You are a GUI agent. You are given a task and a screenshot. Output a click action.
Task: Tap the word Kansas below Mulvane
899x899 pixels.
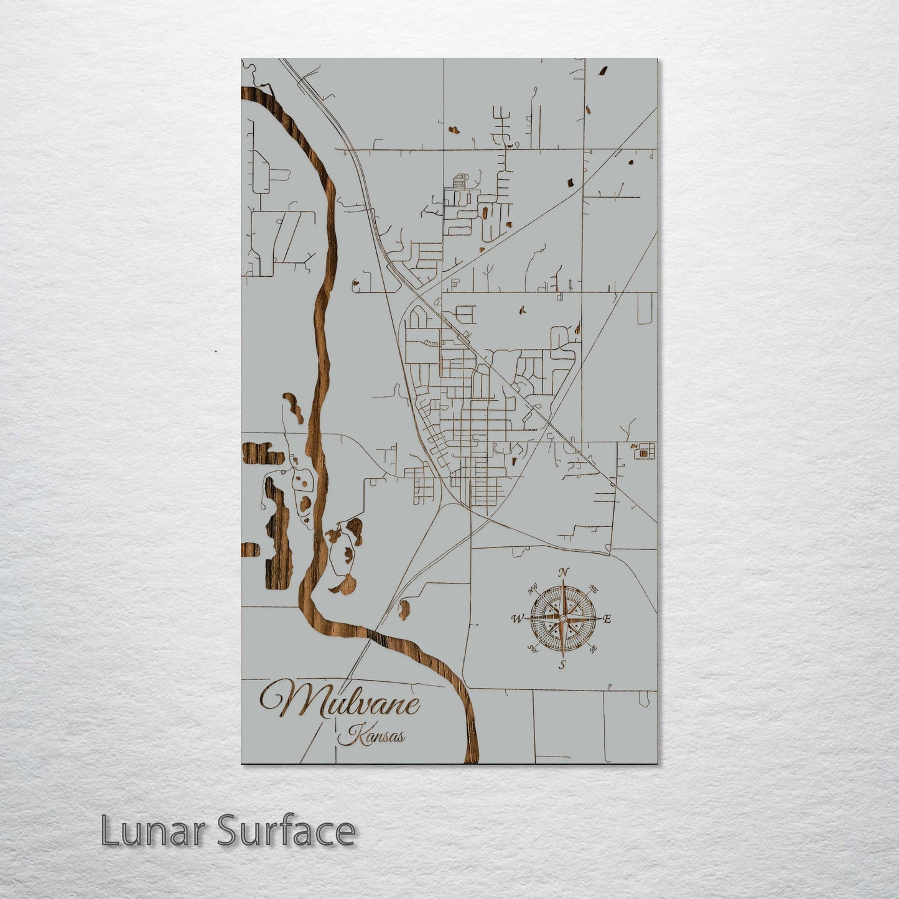[x=372, y=737]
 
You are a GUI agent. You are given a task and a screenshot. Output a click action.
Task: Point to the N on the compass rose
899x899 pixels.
[x=564, y=572]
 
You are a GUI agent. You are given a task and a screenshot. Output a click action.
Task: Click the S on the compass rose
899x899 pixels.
[x=561, y=665]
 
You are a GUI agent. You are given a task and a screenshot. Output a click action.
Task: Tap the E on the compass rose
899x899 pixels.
[x=608, y=618]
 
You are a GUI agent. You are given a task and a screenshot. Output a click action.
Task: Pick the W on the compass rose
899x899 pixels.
[x=517, y=618]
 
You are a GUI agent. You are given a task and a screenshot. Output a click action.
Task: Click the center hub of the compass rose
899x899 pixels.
[x=562, y=618]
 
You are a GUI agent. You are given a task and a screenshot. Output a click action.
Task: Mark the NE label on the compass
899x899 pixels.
[x=594, y=589]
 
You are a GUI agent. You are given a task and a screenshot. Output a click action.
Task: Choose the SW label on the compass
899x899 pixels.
[x=533, y=649]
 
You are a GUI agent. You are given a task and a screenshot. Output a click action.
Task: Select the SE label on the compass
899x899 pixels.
[x=593, y=648]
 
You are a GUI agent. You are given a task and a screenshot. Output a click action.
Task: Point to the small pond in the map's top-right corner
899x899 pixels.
[x=602, y=71]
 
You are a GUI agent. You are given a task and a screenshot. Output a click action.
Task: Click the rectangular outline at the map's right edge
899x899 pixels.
[x=645, y=308]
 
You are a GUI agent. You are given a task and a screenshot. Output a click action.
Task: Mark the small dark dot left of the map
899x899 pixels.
[x=215, y=352]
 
